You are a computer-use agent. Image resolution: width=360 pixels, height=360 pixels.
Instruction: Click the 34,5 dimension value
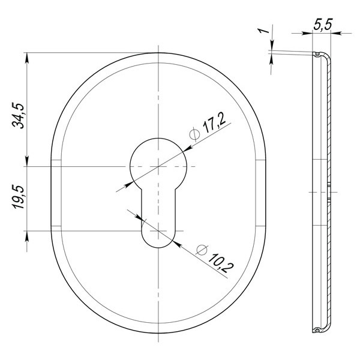click(18, 116)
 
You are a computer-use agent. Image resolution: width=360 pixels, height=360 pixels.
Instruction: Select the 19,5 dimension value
click(18, 197)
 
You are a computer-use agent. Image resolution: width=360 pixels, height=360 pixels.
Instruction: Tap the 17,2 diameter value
click(214, 123)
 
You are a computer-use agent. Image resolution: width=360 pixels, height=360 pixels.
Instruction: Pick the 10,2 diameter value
click(221, 263)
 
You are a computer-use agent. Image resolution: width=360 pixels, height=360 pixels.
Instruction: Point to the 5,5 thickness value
click(323, 24)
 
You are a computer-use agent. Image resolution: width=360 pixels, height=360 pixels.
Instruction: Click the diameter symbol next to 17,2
click(194, 134)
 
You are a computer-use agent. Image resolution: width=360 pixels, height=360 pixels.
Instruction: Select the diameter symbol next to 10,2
click(202, 250)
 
